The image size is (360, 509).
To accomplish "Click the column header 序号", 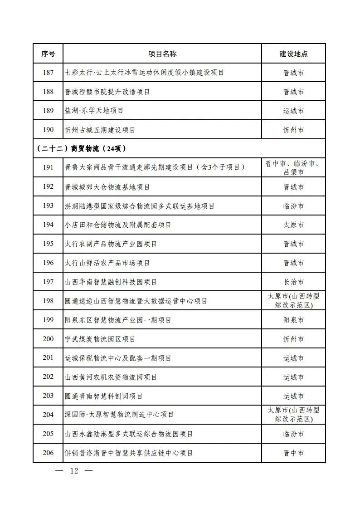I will tap(48, 54).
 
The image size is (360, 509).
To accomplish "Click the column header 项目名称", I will tap(162, 54).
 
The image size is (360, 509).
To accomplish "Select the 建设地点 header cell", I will tap(293, 54).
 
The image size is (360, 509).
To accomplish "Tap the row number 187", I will tap(48, 73).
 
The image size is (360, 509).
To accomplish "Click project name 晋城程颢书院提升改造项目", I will tap(107, 92).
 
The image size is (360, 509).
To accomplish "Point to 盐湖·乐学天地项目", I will tap(94, 111).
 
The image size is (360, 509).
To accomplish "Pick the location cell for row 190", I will tap(293, 130).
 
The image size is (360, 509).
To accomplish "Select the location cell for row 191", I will tap(293, 168).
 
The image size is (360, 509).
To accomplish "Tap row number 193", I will tap(48, 206).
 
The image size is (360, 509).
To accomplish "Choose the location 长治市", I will tap(293, 282).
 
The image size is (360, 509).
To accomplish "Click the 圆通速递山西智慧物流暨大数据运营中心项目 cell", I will tap(136, 301).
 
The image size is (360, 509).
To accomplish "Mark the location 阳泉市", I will tap(293, 320).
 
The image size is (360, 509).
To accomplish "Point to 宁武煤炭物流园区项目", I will tap(100, 339).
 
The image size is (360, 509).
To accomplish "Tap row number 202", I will tap(48, 377).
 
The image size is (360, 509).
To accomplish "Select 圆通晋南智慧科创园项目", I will tap(104, 396).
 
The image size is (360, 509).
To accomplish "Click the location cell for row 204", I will tap(293, 415).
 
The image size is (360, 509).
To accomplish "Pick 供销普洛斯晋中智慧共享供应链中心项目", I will tap(129, 453).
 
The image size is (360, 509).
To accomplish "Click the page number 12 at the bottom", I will tap(74, 471).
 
